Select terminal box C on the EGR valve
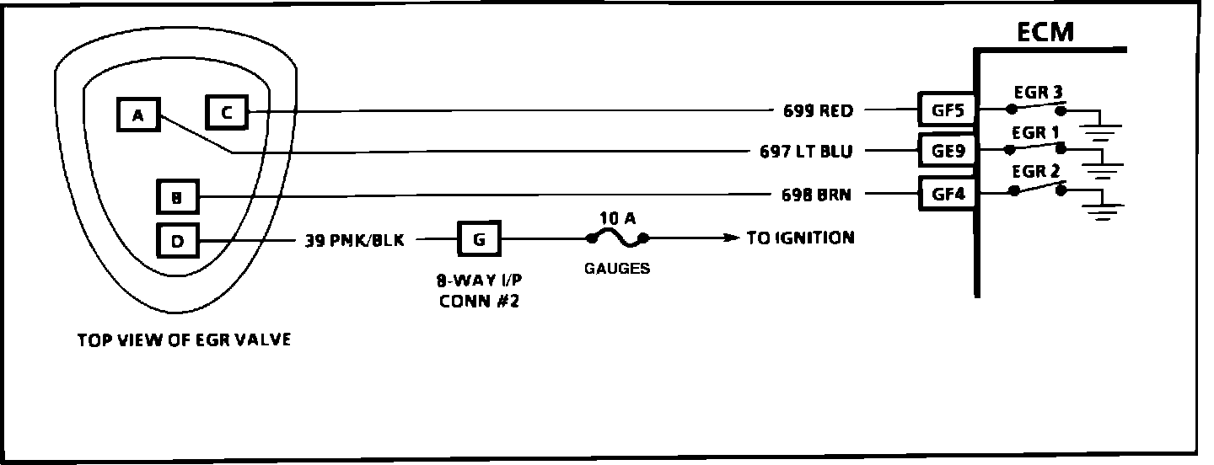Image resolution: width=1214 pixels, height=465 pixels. click(227, 111)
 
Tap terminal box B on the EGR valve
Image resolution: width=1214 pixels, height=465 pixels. click(177, 199)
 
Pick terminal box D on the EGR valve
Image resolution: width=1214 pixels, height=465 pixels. click(177, 242)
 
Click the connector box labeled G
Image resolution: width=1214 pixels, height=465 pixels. click(479, 239)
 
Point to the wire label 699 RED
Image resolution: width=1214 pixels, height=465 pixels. click(818, 110)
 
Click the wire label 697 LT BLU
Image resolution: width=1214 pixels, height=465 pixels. click(806, 152)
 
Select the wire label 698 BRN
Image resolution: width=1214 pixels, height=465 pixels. click(816, 195)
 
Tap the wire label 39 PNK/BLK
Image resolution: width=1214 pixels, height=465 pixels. click(355, 241)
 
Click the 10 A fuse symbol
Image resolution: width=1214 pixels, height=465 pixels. click(616, 239)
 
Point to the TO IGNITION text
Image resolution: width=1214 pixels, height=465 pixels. click(800, 238)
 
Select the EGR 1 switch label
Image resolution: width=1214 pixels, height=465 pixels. click(1037, 133)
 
